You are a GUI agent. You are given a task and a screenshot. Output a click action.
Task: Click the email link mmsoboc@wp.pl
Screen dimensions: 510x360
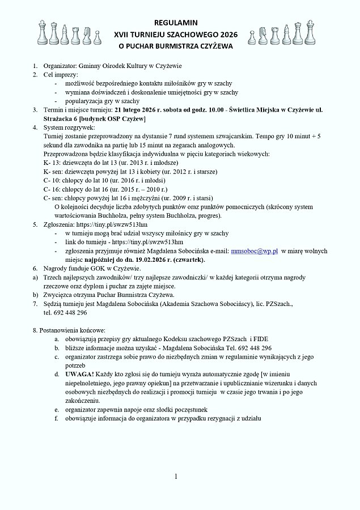[x=255, y=250]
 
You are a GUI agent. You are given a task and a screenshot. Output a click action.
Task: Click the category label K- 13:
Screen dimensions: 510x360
[x=53, y=162]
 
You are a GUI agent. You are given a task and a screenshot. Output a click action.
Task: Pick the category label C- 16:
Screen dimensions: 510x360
[x=53, y=189]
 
